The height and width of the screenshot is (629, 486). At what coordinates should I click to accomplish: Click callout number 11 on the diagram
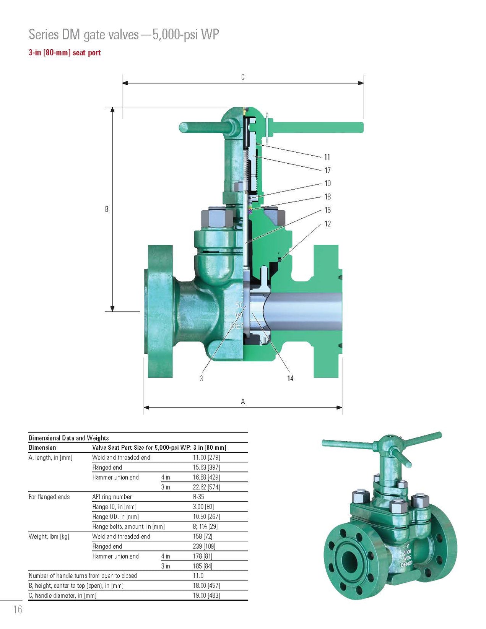point(327,157)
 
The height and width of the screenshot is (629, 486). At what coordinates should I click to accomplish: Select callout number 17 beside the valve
point(327,171)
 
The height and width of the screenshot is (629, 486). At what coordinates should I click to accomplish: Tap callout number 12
point(327,224)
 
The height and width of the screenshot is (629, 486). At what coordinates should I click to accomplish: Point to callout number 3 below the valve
point(201,378)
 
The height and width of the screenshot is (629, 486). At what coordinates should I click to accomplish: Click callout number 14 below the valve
point(290,378)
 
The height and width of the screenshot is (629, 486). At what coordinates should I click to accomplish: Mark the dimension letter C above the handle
point(243,77)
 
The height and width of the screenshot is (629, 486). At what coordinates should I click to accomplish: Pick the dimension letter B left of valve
point(107,209)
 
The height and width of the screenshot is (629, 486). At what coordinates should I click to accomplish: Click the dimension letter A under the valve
point(243,401)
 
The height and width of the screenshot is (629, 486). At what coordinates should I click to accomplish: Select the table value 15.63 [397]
point(206,467)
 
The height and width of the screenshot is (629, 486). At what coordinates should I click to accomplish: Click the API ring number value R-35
point(198,497)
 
